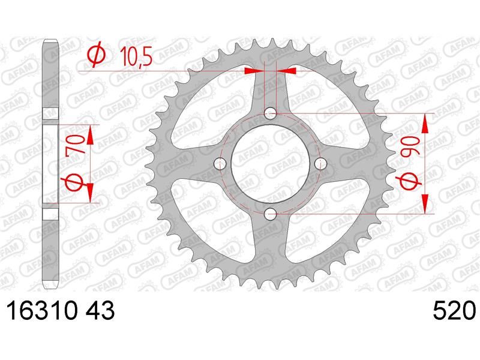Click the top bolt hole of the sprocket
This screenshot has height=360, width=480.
pos(270,113)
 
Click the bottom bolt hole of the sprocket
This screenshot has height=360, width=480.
pos(270,214)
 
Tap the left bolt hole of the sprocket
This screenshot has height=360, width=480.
pos(220,163)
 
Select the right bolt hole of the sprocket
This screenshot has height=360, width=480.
pos(321,163)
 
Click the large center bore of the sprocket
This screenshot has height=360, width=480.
pos(270,163)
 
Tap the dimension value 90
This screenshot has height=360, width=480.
pos(410,147)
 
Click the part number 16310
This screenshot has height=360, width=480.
pos(41,311)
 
